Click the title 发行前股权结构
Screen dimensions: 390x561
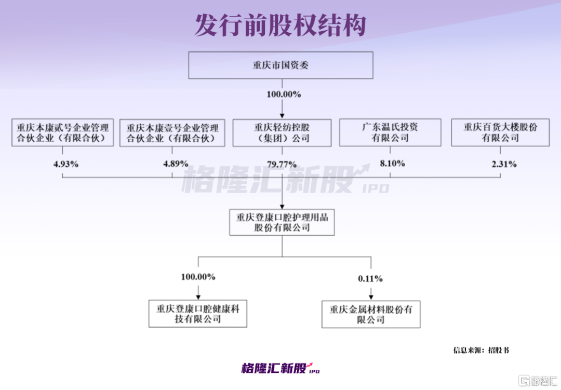point(280,25)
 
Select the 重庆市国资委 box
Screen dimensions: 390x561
point(281,65)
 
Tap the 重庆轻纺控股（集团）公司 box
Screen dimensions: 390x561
point(282,132)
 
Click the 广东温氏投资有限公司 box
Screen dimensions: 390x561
point(390,132)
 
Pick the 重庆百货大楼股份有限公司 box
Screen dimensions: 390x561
point(500,132)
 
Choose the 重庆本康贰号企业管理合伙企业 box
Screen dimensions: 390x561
point(62,132)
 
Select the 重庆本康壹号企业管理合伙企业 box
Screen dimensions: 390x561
point(172,132)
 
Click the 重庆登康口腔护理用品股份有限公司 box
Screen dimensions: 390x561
point(282,222)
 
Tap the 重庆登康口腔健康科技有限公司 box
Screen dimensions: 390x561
point(197,313)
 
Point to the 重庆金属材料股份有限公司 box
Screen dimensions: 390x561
point(371,313)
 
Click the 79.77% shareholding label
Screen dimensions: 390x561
point(282,164)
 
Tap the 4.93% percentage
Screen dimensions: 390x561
point(65,164)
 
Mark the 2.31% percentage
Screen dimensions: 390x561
point(504,164)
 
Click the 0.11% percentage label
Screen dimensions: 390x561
point(370,279)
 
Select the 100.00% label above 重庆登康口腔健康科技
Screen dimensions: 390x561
point(198,277)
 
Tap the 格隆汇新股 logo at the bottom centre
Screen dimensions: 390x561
point(280,368)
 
